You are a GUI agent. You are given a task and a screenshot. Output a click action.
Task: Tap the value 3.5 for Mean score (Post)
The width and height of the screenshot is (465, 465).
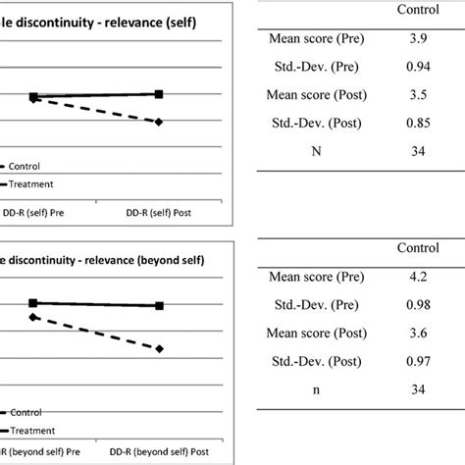pos(417,96)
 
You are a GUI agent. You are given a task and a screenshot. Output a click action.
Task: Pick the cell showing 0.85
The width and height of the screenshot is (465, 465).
pos(417,125)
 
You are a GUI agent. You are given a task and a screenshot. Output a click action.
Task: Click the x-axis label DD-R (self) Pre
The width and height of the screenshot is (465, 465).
pos(35,210)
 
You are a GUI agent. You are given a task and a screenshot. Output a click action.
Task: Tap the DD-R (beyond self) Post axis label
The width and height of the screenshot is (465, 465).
pos(160,450)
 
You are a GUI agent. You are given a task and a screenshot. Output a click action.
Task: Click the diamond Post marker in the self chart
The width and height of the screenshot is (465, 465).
pos(160,121)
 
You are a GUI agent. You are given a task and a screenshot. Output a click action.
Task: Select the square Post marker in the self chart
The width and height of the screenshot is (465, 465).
pos(160,94)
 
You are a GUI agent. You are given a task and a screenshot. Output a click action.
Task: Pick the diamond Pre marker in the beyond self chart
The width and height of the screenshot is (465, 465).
pos(33,318)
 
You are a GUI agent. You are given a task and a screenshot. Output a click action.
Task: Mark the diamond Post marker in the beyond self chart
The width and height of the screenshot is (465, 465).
pos(160,348)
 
